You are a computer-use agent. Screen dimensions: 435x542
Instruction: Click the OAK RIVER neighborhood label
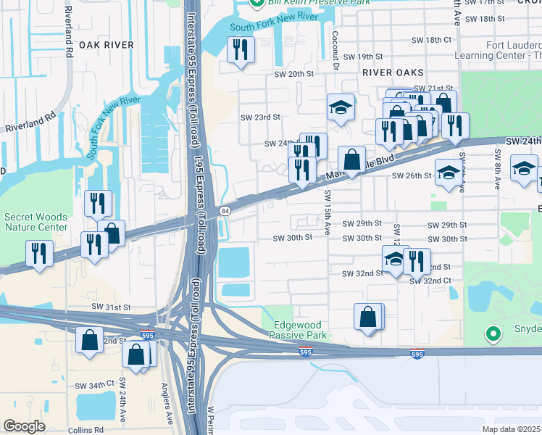(107, 45)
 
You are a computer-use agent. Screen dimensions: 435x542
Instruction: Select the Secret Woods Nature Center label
(36, 222)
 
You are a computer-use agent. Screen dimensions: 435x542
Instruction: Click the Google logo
(24, 426)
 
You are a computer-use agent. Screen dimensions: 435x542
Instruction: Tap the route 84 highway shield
(225, 210)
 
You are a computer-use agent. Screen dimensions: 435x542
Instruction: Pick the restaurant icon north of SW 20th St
(240, 50)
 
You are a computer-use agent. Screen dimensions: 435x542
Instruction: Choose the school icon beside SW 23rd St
(341, 107)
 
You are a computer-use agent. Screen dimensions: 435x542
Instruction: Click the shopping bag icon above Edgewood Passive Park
(368, 316)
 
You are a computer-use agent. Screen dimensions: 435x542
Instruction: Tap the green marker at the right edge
(494, 334)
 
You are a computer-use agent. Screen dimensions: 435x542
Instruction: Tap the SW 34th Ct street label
(96, 382)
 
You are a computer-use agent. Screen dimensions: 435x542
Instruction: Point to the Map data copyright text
(512, 429)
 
